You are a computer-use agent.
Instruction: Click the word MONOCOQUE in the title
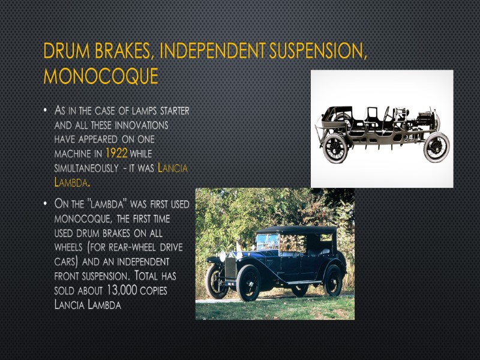pyautogui.click(x=101, y=76)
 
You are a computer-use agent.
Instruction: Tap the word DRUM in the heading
pyautogui.click(x=65, y=52)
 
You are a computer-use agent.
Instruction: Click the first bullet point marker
pyautogui.click(x=45, y=112)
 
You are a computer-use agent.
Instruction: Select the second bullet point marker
pyautogui.click(x=45, y=205)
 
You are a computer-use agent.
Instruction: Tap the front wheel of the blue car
pyautogui.click(x=248, y=282)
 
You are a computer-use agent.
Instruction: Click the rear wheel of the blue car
pyautogui.click(x=332, y=280)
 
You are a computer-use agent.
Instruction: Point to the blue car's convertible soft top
pyautogui.click(x=297, y=230)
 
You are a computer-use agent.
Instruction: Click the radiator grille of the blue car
pyautogui.click(x=230, y=268)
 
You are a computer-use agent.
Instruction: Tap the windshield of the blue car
pyautogui.click(x=268, y=241)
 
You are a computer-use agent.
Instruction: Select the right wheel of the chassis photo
pyautogui.click(x=436, y=146)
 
